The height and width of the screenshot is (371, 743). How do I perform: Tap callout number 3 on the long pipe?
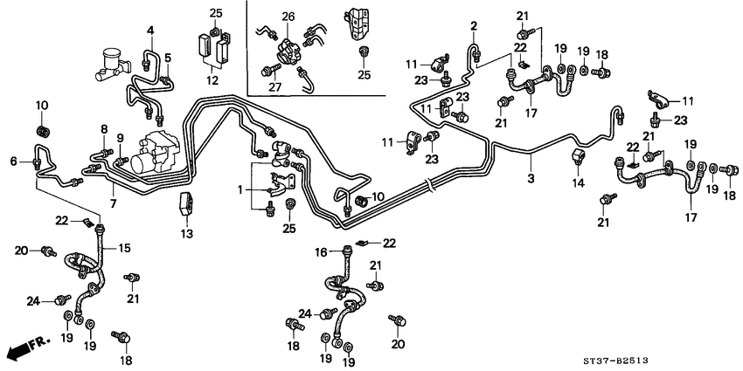(530, 179)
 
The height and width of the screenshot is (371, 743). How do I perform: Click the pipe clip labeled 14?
(577, 157)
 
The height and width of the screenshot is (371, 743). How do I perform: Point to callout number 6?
(13, 161)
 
